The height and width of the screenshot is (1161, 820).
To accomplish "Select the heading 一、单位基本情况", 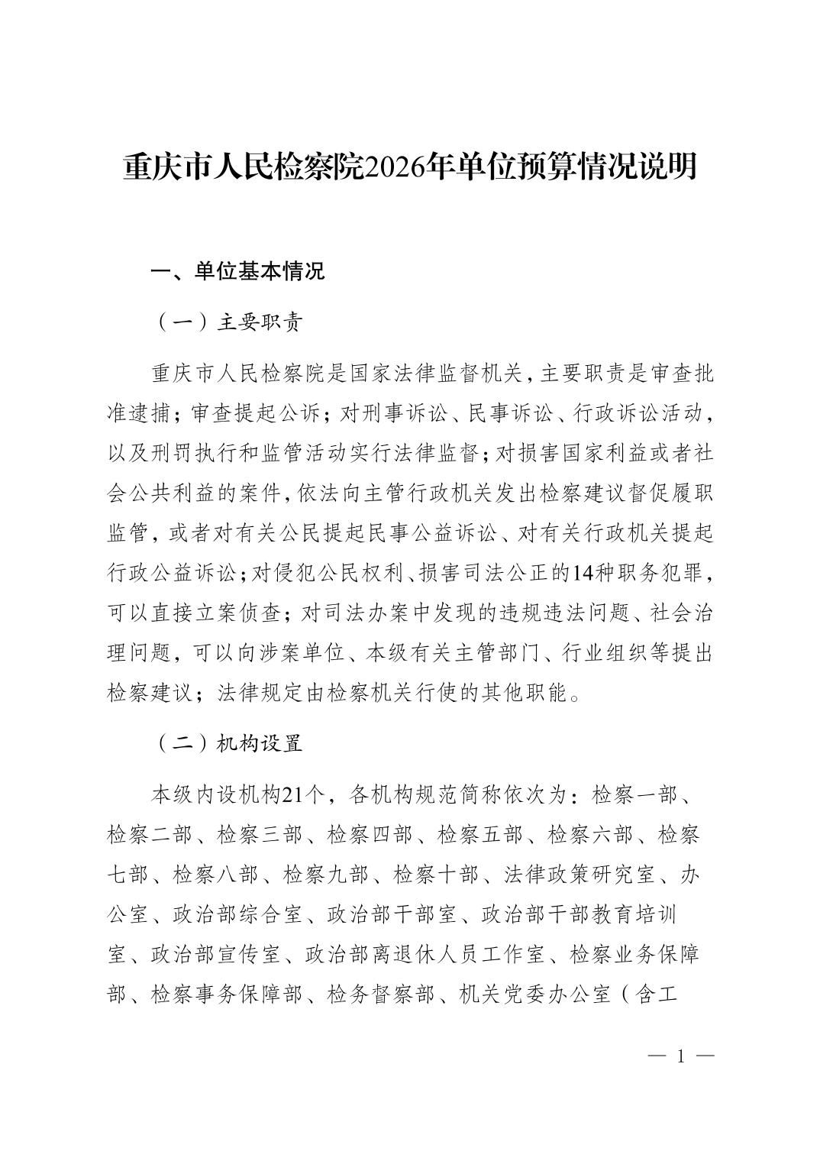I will coord(237,271).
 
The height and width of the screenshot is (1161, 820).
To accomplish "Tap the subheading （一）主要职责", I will coord(229,322).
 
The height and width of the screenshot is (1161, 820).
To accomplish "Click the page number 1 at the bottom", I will coord(680,1056).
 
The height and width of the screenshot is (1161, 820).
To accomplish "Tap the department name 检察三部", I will coord(260,835).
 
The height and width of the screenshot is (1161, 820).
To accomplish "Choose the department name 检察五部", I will coord(479,835).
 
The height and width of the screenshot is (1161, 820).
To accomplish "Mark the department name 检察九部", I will coord(326,875).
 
